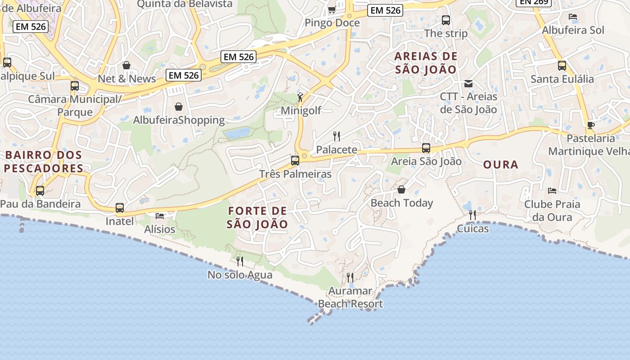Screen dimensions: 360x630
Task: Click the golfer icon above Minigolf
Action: click(300, 96)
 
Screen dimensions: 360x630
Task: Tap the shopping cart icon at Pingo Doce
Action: click(332, 9)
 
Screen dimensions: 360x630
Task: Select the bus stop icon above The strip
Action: click(446, 20)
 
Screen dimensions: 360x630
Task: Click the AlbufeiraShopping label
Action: click(179, 120)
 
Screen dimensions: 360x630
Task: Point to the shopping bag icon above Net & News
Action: click(126, 65)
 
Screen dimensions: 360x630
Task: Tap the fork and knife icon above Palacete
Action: click(336, 136)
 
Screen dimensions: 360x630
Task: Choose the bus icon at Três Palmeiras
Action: click(295, 160)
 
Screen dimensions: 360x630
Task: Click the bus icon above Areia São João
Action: click(426, 148)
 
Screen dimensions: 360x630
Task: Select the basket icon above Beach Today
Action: click(401, 189)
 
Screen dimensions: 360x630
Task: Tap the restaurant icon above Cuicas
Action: click(472, 215)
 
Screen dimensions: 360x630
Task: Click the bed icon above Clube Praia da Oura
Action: click(552, 191)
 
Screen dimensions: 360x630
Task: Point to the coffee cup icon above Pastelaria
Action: click(591, 125)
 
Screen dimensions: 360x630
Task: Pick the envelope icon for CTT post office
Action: click(468, 83)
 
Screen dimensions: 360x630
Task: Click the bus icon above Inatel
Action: click(120, 208)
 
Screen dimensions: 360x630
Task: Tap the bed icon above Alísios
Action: click(160, 216)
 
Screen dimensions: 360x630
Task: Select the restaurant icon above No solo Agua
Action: click(240, 261)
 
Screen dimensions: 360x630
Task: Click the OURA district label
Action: click(501, 165)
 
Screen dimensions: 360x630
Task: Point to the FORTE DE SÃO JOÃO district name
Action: click(257, 217)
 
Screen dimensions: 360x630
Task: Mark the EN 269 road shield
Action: click(533, 2)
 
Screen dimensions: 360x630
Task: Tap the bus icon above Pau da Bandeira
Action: click(40, 191)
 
